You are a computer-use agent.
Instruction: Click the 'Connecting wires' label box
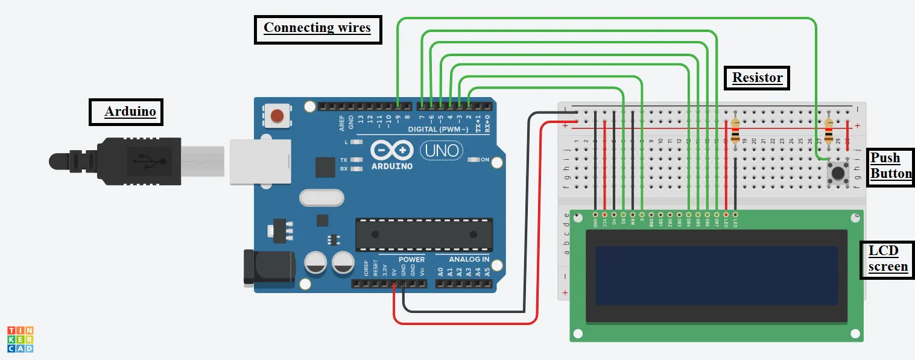[x=318, y=28]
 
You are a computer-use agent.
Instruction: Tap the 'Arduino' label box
[x=126, y=112]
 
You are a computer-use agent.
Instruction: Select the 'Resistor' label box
[x=756, y=78]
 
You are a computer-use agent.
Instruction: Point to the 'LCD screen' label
[x=887, y=259]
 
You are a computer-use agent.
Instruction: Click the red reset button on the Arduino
[x=277, y=116]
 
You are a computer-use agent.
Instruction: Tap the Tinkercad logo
[x=21, y=339]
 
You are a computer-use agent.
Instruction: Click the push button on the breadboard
[x=838, y=174]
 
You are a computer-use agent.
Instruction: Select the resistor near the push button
[x=829, y=129]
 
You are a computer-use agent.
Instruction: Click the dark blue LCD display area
[x=717, y=275]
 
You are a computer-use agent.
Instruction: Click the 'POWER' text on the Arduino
[x=411, y=259]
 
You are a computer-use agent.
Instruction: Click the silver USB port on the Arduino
[x=259, y=161]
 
